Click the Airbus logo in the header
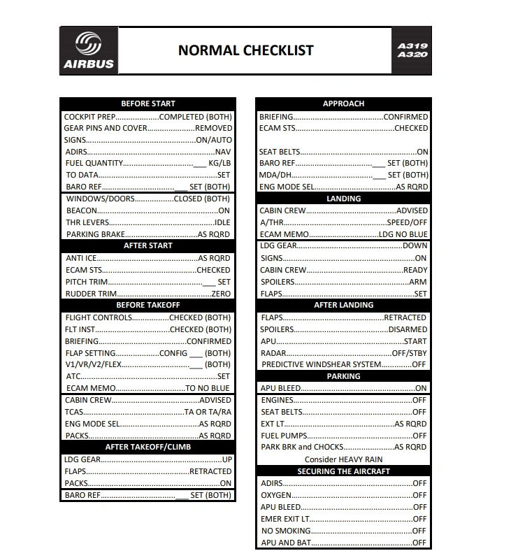[89, 50]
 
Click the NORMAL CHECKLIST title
[245, 50]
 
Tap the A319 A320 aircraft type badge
[412, 50]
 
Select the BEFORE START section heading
[148, 103]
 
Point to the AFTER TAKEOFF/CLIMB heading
[148, 447]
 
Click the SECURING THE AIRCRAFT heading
[343, 471]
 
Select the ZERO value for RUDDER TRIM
[221, 294]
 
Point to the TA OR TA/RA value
[208, 412]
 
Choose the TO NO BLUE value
[207, 388]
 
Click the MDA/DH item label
[275, 175]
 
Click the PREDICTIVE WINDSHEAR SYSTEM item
[322, 364]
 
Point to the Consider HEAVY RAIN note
[343, 459]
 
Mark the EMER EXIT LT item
[285, 519]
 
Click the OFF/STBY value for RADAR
[408, 353]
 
